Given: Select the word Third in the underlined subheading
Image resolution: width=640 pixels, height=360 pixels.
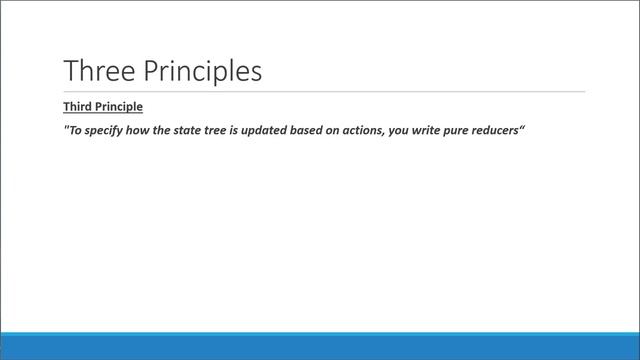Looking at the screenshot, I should tap(78, 106).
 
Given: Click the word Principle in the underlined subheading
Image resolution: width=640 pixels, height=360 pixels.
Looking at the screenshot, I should tap(120, 106).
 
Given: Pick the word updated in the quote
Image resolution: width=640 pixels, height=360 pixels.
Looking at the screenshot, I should tap(284, 131).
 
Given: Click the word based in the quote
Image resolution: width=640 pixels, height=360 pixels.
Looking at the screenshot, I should tap(333, 131).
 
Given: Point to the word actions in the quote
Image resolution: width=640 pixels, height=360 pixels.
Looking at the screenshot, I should tap(395, 131).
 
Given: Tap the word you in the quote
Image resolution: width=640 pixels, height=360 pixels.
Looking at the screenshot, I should tap(432, 131).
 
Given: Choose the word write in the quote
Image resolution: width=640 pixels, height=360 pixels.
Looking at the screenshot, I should tap(463, 131).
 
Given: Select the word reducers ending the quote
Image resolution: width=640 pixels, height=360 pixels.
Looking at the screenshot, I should tap(544, 131).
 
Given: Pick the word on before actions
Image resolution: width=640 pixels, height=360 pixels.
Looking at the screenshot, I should tap(362, 131).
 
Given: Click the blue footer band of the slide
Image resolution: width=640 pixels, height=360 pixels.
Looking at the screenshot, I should tap(320, 346).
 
